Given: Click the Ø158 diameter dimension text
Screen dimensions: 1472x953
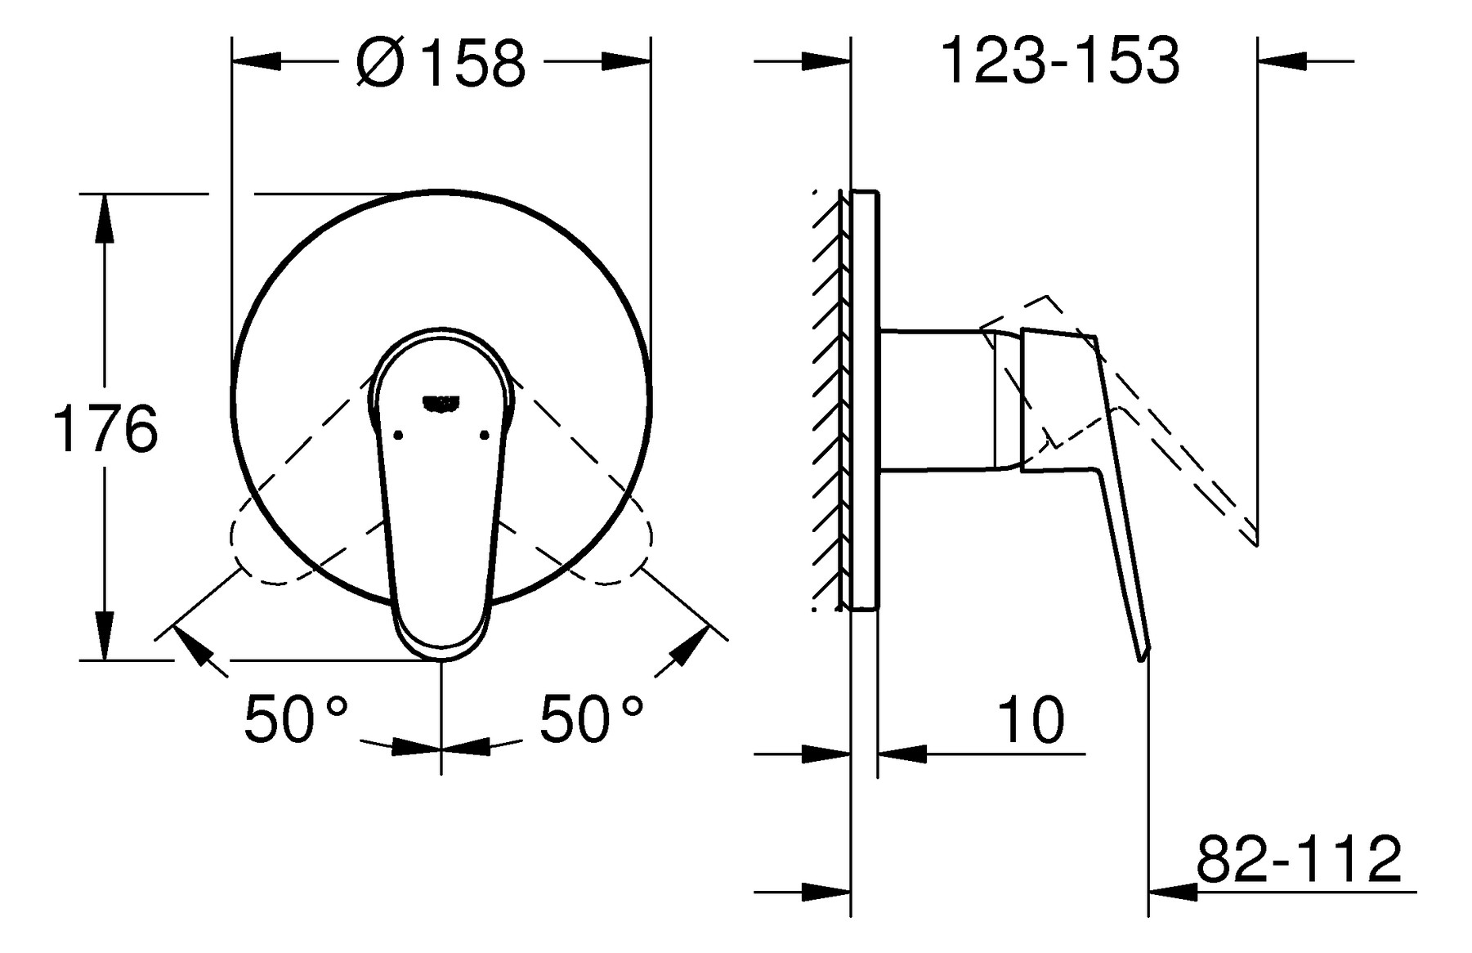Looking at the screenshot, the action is pos(441,62).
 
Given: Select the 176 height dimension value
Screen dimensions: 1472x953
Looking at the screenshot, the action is pos(105,428).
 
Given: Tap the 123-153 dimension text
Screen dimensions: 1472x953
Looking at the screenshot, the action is pos(1061,60).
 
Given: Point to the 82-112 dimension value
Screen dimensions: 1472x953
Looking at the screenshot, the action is pos(1300,858).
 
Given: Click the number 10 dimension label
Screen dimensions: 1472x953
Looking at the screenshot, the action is pos(1031,719).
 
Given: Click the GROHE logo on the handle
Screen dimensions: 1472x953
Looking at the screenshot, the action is pos(441,402).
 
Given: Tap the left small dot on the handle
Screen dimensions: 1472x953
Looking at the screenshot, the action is pos(398,435).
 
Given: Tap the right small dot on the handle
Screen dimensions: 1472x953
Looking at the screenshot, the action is pos(485,435).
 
